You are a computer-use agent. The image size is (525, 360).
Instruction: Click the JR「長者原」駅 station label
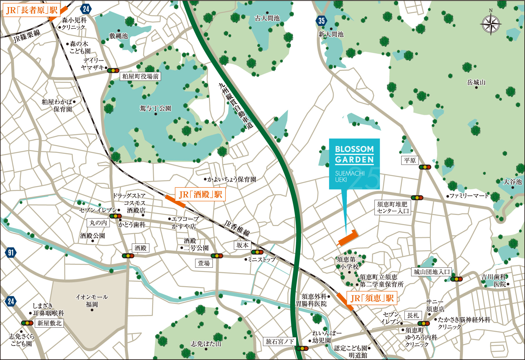point(32,10)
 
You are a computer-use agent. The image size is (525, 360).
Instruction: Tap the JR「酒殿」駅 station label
point(200,194)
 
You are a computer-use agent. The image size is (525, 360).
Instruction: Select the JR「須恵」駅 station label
point(372,298)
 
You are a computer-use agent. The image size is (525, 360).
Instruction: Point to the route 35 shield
point(321,21)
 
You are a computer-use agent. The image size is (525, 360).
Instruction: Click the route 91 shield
point(10,252)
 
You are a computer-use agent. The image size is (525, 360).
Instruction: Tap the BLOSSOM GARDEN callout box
point(354,164)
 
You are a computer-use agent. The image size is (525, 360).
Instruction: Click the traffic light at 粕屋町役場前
point(113,70)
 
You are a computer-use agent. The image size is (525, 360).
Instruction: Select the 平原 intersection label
point(410,160)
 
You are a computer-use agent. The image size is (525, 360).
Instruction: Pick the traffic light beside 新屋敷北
point(27,323)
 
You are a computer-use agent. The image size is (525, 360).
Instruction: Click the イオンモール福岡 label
point(92,301)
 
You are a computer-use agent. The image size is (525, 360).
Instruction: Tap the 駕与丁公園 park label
point(155,108)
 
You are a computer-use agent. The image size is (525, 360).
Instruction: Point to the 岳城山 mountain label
point(476,82)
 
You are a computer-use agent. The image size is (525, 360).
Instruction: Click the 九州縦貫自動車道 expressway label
point(236,106)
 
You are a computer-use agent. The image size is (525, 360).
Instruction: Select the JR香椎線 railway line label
point(237,228)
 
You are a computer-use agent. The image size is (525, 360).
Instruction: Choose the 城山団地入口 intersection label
point(432,272)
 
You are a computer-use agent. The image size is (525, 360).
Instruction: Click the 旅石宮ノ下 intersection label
point(279,341)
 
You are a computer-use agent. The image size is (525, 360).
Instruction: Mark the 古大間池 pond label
point(267,18)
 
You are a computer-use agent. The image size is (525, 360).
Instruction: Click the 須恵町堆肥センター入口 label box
point(393,208)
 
